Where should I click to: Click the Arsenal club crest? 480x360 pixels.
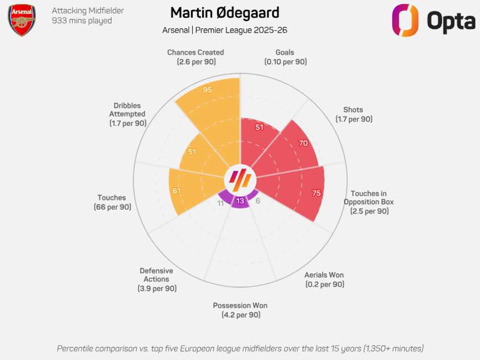click(22, 20)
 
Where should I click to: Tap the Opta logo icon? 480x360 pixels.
click(405, 20)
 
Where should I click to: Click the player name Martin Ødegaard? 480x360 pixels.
click(225, 13)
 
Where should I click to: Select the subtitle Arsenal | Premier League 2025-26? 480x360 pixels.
click(225, 30)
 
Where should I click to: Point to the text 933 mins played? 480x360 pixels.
click(82, 21)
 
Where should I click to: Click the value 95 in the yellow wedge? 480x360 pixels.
click(207, 90)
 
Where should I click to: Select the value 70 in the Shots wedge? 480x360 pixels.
click(302, 143)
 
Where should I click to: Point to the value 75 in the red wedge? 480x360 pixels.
click(316, 193)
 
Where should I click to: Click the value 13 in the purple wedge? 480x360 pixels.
click(240, 201)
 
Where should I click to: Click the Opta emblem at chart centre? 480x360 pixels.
click(240, 180)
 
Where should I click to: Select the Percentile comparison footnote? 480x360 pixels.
click(240, 348)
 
